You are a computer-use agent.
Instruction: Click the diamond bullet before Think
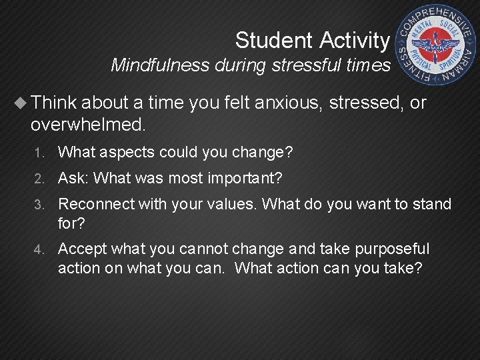pos(22,103)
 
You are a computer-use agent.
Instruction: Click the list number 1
pos(39,153)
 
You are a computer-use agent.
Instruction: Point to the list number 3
pos(39,205)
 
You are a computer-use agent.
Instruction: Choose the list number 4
pos(39,250)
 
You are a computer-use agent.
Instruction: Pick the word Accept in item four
pos(82,249)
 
